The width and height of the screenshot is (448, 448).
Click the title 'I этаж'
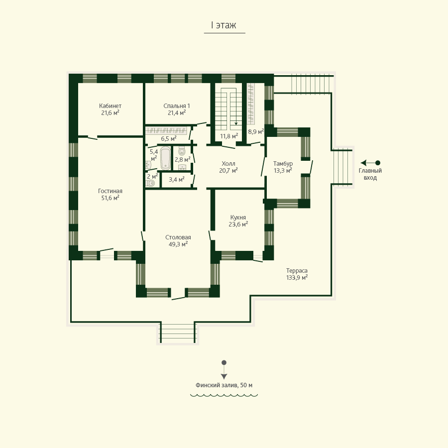point(224,25)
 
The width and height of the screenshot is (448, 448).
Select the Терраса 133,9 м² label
point(297,274)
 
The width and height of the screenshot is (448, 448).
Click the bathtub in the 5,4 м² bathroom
point(165,158)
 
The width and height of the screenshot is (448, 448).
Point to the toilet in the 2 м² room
point(151,183)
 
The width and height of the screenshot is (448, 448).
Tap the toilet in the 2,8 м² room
point(182,151)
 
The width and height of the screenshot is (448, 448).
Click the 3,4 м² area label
point(176,179)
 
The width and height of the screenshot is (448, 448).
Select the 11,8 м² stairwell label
point(229,136)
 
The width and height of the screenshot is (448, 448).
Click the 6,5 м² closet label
point(169,138)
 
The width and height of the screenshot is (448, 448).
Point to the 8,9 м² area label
point(256,132)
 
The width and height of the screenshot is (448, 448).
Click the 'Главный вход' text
point(370,174)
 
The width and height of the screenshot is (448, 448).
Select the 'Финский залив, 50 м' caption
point(224,385)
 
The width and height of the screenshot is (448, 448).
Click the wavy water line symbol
point(224,395)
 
